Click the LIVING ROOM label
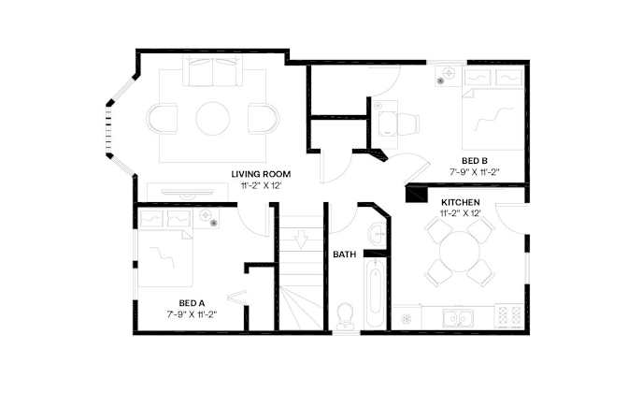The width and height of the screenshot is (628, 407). [x=261, y=174]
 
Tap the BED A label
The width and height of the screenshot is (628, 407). [x=192, y=303]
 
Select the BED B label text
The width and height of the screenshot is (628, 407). [x=474, y=161]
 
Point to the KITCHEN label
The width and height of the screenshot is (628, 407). [x=460, y=202]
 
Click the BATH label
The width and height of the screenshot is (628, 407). [x=345, y=254]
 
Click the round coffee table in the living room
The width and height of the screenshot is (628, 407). [x=213, y=119]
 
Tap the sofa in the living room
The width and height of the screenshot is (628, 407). [x=213, y=71]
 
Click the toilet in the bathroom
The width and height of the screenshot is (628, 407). [x=345, y=315]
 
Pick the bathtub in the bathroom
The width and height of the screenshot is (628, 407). [x=375, y=294]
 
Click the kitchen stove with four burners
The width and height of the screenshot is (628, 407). [x=508, y=316]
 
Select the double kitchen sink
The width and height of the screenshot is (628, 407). [x=458, y=318]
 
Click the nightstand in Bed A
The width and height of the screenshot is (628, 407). [x=207, y=219]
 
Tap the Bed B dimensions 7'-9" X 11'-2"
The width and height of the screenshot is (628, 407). [x=475, y=171]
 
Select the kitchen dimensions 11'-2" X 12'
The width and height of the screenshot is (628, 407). [x=460, y=213]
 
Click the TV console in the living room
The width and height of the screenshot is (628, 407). [x=188, y=192]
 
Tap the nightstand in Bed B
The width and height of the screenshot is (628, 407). [x=449, y=76]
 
